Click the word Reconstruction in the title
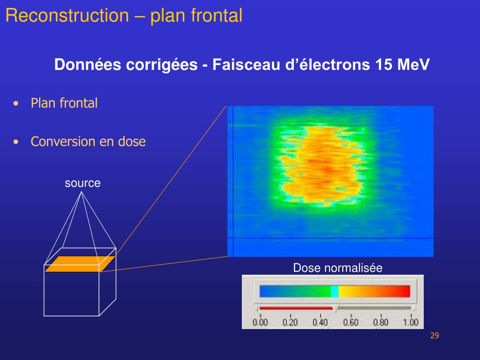pos(67,16)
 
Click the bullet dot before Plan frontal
pos(17,104)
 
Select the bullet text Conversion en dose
pos(88,142)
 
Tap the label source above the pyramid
pos(82,183)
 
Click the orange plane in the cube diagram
pos(80,264)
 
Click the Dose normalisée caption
pos(337,268)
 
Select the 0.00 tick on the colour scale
pos(260,322)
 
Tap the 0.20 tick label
pos(290,322)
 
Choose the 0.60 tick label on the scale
pos(351,322)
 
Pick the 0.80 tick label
pos(381,322)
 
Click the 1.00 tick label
pos(411,322)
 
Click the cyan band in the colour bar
pos(335,292)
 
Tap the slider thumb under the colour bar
pos(335,309)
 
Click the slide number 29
pos(434,336)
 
